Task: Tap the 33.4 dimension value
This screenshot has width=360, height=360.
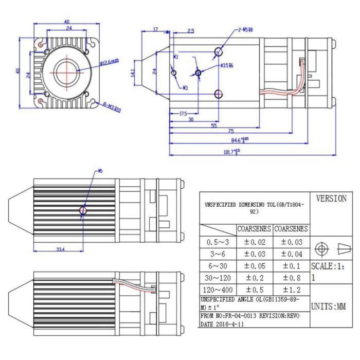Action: click(x=60, y=249)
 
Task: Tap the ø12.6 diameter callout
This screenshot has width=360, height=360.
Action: click(x=109, y=61)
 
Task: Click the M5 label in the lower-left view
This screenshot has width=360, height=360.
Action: click(x=99, y=171)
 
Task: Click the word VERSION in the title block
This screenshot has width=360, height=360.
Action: click(x=331, y=199)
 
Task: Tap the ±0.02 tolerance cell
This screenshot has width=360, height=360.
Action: click(x=254, y=241)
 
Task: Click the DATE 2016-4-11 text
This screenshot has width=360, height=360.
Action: click(x=223, y=325)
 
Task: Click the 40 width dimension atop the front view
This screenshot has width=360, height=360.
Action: click(x=67, y=22)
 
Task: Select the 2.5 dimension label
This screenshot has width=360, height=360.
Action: click(x=191, y=31)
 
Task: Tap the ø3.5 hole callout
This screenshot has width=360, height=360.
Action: click(x=227, y=66)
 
